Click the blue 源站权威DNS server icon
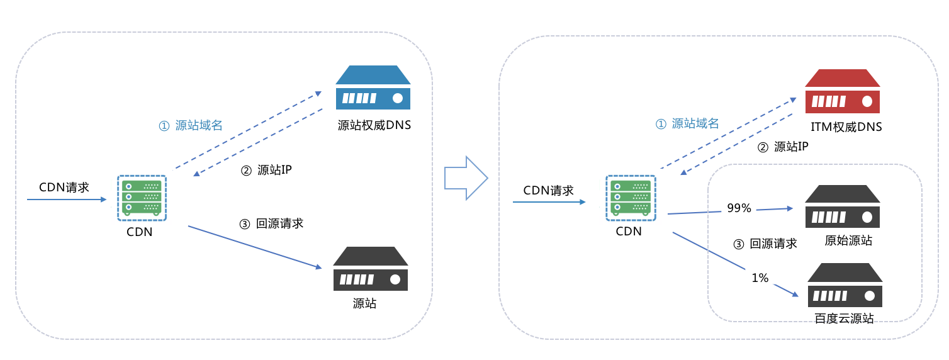[373, 87]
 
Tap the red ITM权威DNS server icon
[842, 91]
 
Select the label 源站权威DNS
[374, 125]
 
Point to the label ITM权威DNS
[846, 127]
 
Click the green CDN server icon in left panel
[142, 198]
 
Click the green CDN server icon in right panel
[631, 198]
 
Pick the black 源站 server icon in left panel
[370, 269]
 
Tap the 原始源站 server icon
[842, 206]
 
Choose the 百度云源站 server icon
[845, 285]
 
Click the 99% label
[739, 208]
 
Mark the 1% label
[760, 278]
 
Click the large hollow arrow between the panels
[466, 178]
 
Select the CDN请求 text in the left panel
[64, 187]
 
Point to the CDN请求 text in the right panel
[548, 190]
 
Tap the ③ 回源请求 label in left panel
[271, 223]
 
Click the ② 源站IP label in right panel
[782, 147]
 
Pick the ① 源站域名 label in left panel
[191, 125]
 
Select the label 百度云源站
[844, 318]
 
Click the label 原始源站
[848, 240]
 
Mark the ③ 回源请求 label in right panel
[765, 244]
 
